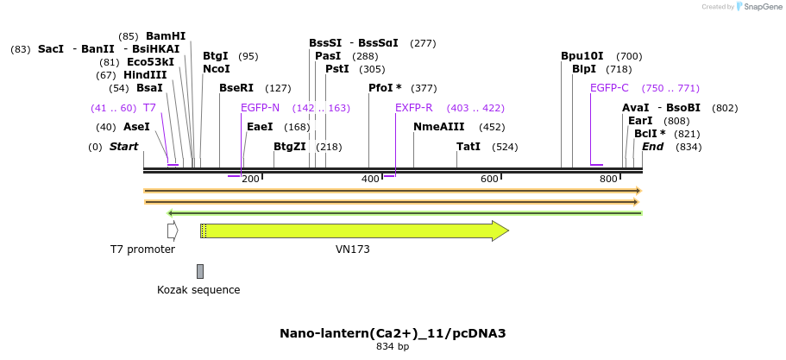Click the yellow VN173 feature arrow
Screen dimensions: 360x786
pyautogui.click(x=354, y=231)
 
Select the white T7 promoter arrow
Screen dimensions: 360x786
pyautogui.click(x=173, y=231)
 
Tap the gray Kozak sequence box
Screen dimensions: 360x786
pyautogui.click(x=200, y=271)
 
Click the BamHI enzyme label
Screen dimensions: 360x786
pyautogui.click(x=166, y=36)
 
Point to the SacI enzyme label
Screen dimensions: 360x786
pyautogui.click(x=51, y=49)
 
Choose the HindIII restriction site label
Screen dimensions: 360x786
pyautogui.click(x=144, y=75)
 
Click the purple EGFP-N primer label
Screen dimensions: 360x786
pyautogui.click(x=260, y=108)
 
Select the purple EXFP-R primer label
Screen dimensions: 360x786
pyautogui.click(x=413, y=108)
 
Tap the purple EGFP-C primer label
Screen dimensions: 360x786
pyautogui.click(x=609, y=88)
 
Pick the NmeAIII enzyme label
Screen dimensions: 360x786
pyautogui.click(x=438, y=127)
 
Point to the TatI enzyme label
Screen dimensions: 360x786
pyautogui.click(x=468, y=147)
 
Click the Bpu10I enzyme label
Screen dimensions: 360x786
pyautogui.click(x=582, y=56)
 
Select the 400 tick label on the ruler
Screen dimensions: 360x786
pyautogui.click(x=370, y=179)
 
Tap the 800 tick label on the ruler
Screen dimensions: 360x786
pyautogui.click(x=608, y=179)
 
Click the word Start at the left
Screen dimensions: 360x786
pyautogui.click(x=123, y=147)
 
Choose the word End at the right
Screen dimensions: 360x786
pyautogui.click(x=653, y=147)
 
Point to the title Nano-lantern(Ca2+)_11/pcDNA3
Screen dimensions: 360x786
pyautogui.click(x=393, y=333)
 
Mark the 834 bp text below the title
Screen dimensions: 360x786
pyautogui.click(x=393, y=347)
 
